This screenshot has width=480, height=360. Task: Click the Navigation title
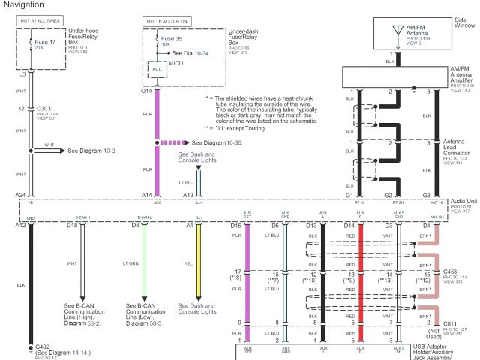tap(23, 6)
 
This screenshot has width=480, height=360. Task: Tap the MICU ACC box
tap(157, 68)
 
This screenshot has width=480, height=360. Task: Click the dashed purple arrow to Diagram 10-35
tap(174, 142)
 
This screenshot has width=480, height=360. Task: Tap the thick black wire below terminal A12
tap(29, 285)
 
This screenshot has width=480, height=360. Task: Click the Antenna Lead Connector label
tap(457, 147)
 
